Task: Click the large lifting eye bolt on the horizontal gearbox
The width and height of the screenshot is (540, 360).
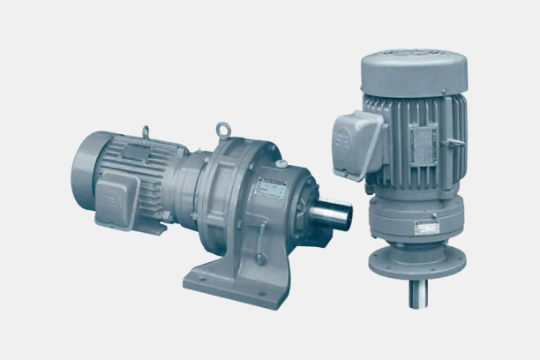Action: click(x=223, y=132)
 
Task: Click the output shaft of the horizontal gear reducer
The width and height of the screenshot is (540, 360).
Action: click(x=333, y=214)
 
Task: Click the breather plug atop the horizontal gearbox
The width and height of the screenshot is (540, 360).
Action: click(x=281, y=163)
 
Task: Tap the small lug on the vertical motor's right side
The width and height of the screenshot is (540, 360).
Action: click(x=459, y=141)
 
